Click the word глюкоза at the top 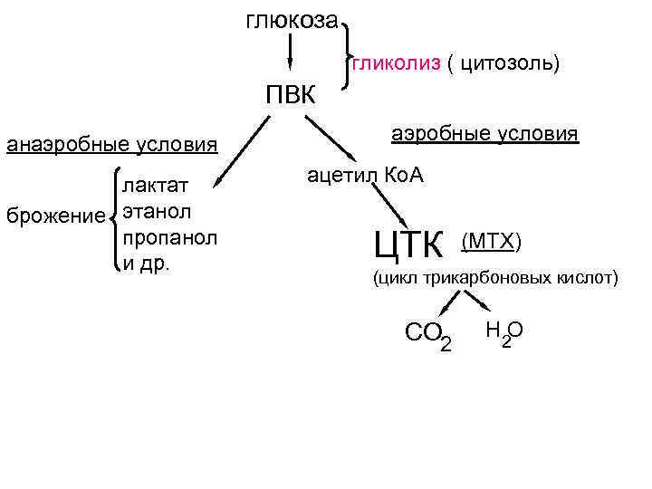tap(292, 20)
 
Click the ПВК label tap(290, 94)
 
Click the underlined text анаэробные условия tap(112, 144)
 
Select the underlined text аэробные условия tap(484, 134)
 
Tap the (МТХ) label tap(491, 241)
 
